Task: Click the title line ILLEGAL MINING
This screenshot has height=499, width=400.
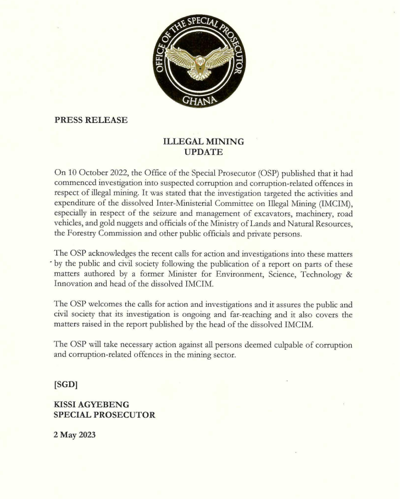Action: coord(204,141)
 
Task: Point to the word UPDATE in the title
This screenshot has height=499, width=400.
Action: coord(204,151)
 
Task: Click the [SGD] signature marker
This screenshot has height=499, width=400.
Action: coord(65,384)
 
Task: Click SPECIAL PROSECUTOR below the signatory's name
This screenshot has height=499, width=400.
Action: coord(104,415)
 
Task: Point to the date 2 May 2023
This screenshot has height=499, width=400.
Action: coord(75,435)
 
